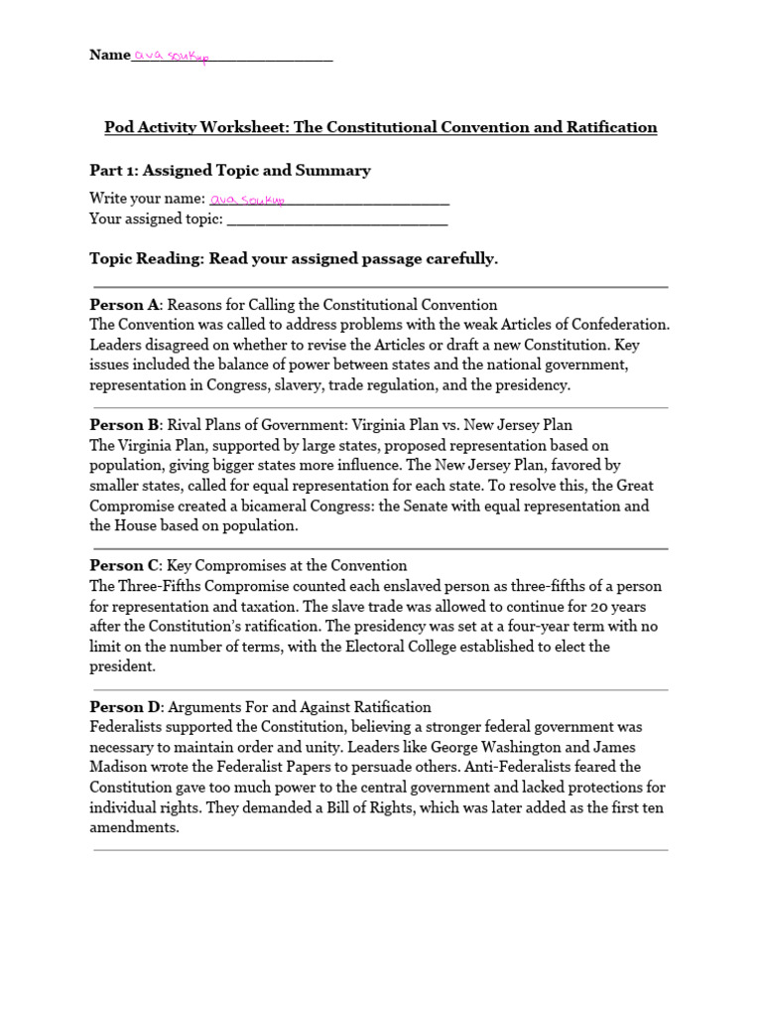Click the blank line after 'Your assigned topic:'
click(x=337, y=220)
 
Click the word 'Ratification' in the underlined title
click(x=611, y=127)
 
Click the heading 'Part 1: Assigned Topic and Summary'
click(x=230, y=170)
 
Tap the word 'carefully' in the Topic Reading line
click(x=456, y=259)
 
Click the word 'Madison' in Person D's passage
click(x=117, y=767)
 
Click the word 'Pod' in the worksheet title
click(x=119, y=127)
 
